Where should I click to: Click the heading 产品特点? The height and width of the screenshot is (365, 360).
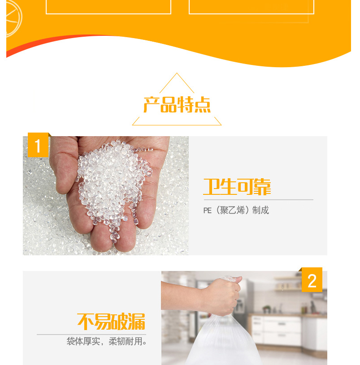click(177, 104)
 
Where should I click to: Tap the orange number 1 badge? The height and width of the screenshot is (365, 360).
click(38, 145)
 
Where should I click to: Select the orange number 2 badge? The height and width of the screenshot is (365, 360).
click(312, 279)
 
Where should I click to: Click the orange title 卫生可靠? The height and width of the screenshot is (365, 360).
click(237, 187)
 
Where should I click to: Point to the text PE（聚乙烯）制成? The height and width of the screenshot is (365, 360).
click(236, 210)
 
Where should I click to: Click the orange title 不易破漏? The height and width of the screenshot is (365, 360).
click(111, 322)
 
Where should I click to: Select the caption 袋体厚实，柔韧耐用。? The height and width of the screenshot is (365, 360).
click(107, 341)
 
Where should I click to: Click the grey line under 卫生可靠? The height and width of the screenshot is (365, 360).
click(258, 200)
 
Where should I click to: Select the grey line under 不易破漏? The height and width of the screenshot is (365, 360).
click(91, 335)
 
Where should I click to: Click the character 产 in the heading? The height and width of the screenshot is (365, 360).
click(151, 105)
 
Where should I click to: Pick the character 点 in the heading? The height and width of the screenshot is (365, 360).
click(203, 105)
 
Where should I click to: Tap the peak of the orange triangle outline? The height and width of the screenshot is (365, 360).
click(177, 73)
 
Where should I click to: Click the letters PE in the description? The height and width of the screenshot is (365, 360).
click(208, 210)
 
